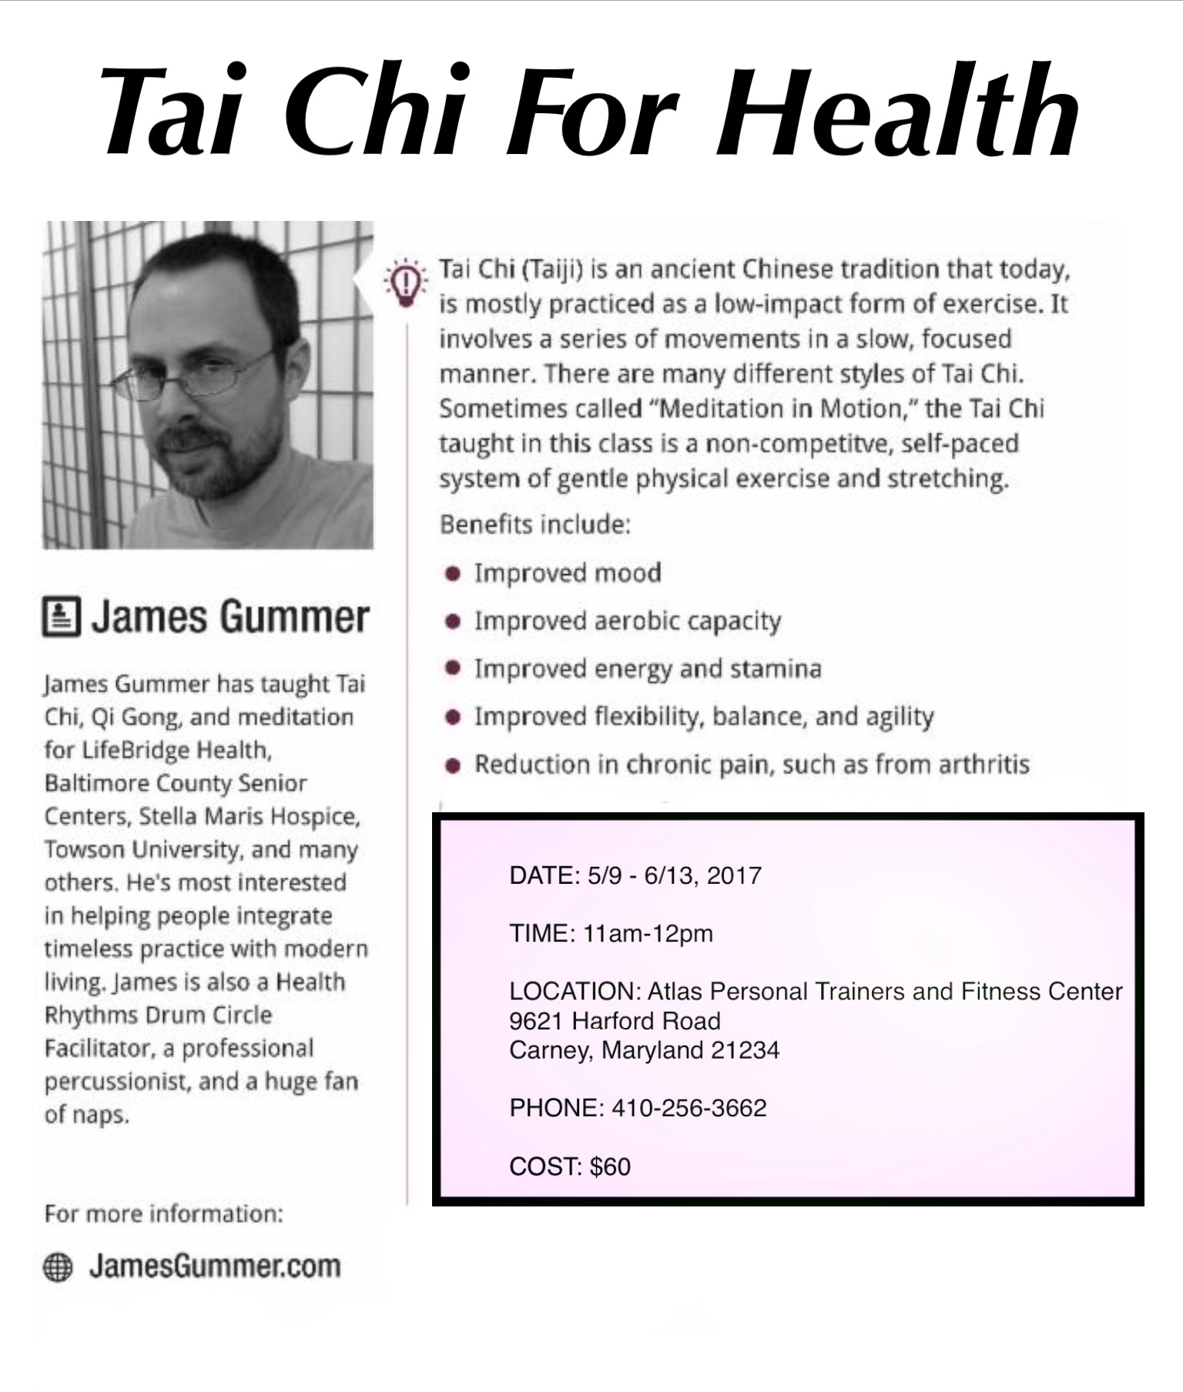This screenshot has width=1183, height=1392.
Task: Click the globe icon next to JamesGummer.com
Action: point(58,1267)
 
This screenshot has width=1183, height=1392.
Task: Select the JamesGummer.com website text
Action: point(215,1266)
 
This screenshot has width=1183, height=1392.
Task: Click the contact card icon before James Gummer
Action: point(61,617)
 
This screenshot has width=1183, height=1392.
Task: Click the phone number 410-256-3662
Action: point(689,1108)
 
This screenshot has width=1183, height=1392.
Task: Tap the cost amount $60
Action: point(610,1166)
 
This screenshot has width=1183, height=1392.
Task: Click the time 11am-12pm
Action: point(648,934)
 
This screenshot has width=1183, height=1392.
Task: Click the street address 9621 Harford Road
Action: point(615,1021)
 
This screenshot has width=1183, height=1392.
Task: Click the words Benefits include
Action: point(535,524)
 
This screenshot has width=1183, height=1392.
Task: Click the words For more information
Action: point(163,1214)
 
